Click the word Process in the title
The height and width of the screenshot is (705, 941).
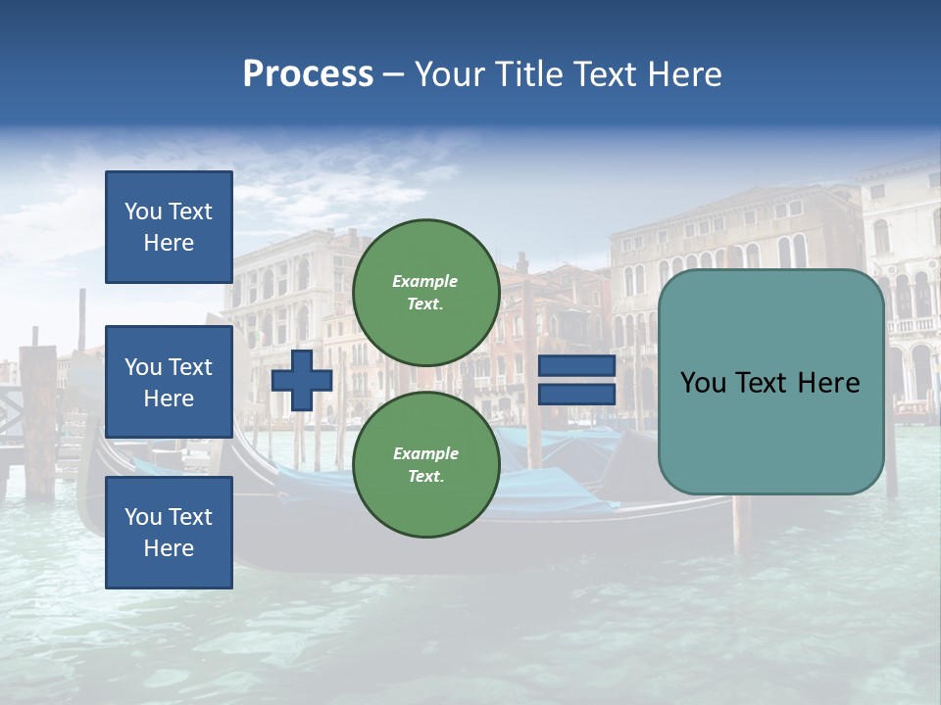pos(308,74)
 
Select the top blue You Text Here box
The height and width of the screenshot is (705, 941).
pos(169,227)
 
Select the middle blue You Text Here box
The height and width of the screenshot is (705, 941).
pos(169,382)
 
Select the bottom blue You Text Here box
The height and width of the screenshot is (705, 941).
pos(169,533)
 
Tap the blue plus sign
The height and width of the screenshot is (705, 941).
pos(302,380)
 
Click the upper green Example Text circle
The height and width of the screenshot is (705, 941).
pos(425,293)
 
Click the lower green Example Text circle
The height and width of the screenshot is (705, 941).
pos(425,465)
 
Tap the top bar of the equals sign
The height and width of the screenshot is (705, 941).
pos(577,366)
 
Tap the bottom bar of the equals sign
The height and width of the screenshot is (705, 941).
pos(577,395)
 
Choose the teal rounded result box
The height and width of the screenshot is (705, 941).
pos(770,382)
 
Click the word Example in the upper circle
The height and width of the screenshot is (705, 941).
pos(425,282)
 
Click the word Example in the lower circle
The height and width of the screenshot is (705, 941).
pos(425,454)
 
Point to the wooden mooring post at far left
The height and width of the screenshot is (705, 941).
pos(39,421)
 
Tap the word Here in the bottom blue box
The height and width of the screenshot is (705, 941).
pos(169,548)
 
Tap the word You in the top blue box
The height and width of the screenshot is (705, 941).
pos(143,211)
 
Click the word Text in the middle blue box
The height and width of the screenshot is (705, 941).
pos(189,367)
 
